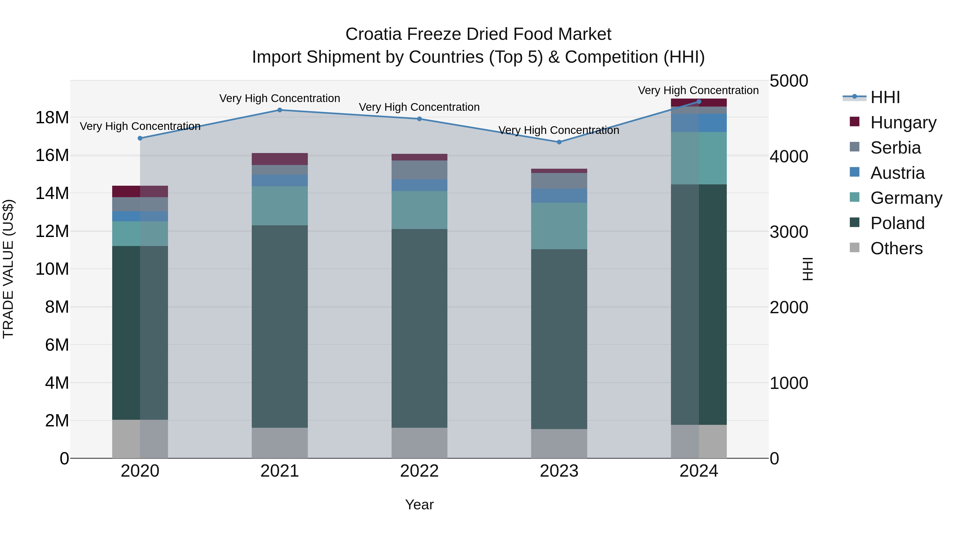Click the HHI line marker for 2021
click(x=280, y=110)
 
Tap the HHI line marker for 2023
click(x=559, y=142)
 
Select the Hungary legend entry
click(x=903, y=122)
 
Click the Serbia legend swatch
click(x=854, y=147)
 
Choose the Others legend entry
click(x=896, y=248)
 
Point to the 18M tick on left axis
click(x=52, y=118)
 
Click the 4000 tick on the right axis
click(x=789, y=156)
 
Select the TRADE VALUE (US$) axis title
click(x=8, y=269)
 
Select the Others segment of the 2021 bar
click(x=280, y=443)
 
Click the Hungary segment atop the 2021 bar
click(x=280, y=159)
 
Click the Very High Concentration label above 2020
click(x=140, y=126)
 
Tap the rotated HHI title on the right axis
click(x=808, y=269)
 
